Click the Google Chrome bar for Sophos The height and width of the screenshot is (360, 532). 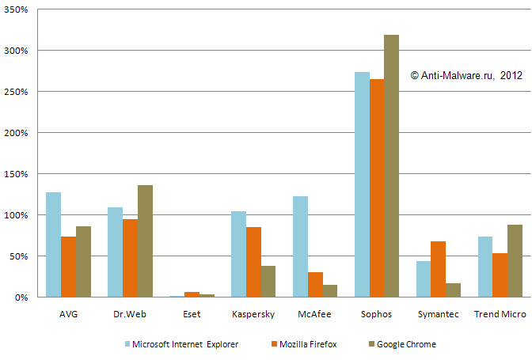pyautogui.click(x=392, y=166)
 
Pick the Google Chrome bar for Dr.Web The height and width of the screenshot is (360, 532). pyautogui.click(x=145, y=241)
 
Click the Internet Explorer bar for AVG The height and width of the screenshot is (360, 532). pyautogui.click(x=53, y=244)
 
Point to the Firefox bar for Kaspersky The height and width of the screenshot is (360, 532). pyautogui.click(x=253, y=262)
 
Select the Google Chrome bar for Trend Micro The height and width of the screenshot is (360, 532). pyautogui.click(x=515, y=261)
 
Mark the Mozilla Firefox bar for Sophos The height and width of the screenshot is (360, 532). pyautogui.click(x=377, y=188)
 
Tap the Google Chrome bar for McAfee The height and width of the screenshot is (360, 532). pyautogui.click(x=330, y=291)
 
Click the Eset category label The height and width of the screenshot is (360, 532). pyautogui.click(x=192, y=314)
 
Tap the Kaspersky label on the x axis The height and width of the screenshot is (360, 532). pyautogui.click(x=253, y=314)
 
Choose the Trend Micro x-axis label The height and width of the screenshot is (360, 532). pyautogui.click(x=500, y=314)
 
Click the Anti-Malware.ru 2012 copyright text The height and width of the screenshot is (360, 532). pyautogui.click(x=466, y=75)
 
